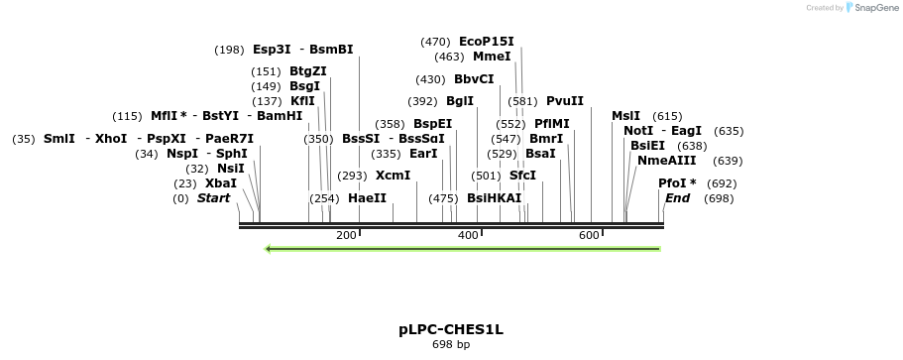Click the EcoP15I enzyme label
click(486, 42)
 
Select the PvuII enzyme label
click(565, 101)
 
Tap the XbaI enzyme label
click(221, 183)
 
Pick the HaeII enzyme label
click(367, 198)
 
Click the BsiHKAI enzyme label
click(494, 198)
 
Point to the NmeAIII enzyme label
click(667, 161)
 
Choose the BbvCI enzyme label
click(474, 79)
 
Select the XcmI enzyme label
click(393, 176)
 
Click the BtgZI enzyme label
click(308, 71)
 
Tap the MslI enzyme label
click(625, 116)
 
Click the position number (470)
click(435, 42)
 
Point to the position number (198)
click(229, 50)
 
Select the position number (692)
click(722, 183)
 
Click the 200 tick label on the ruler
click(346, 235)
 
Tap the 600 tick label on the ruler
click(589, 235)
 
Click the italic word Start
click(213, 198)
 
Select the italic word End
click(677, 198)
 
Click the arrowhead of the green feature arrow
click(268, 248)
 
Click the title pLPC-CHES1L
click(451, 329)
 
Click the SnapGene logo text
click(875, 8)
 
